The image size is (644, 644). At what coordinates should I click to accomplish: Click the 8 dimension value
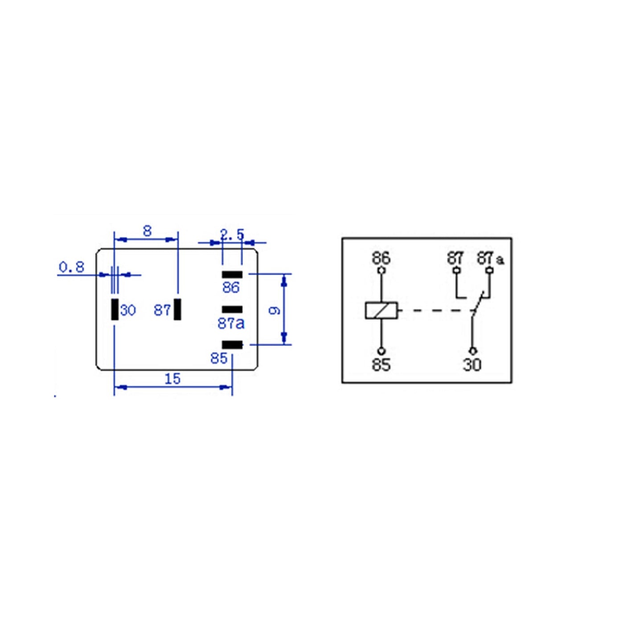click(x=148, y=231)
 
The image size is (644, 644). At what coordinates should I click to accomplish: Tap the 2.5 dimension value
click(x=232, y=235)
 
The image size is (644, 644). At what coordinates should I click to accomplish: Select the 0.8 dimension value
click(x=71, y=267)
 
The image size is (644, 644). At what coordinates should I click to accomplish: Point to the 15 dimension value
click(x=173, y=379)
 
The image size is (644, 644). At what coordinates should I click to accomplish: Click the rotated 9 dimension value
click(x=275, y=311)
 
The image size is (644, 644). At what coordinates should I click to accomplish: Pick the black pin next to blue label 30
click(x=115, y=309)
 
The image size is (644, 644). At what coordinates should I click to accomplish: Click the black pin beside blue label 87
click(x=177, y=309)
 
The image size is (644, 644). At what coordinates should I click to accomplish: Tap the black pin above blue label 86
click(x=232, y=275)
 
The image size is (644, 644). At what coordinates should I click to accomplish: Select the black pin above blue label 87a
click(x=232, y=310)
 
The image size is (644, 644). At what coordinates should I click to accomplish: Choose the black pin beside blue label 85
click(x=232, y=345)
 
